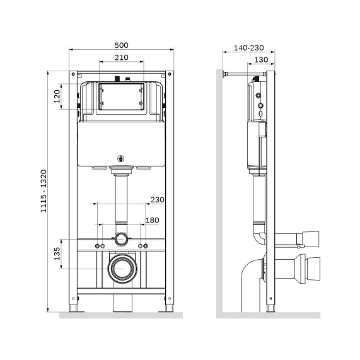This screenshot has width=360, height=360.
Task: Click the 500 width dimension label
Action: pyautogui.click(x=122, y=45)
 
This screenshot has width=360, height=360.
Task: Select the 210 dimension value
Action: pyautogui.click(x=122, y=57)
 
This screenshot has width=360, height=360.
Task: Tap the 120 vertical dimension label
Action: pyautogui.click(x=57, y=96)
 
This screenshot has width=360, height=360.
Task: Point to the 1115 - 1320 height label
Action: pyautogui.click(x=44, y=191)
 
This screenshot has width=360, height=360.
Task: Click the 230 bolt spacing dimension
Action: pyautogui.click(x=156, y=200)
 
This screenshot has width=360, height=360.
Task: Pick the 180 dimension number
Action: pyautogui.click(x=153, y=220)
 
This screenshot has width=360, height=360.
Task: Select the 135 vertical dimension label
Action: pyautogui.click(x=57, y=254)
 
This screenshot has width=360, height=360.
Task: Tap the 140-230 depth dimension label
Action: pyautogui.click(x=248, y=47)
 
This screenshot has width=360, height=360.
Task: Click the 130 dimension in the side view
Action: pyautogui.click(x=260, y=59)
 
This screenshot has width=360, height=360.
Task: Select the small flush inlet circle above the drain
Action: pyautogui.click(x=121, y=240)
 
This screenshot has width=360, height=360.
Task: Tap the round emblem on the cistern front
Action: pyautogui.click(x=121, y=159)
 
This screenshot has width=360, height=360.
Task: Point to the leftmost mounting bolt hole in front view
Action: pyautogui.click(x=98, y=245)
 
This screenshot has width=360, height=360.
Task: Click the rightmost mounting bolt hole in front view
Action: pyautogui.click(x=146, y=245)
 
